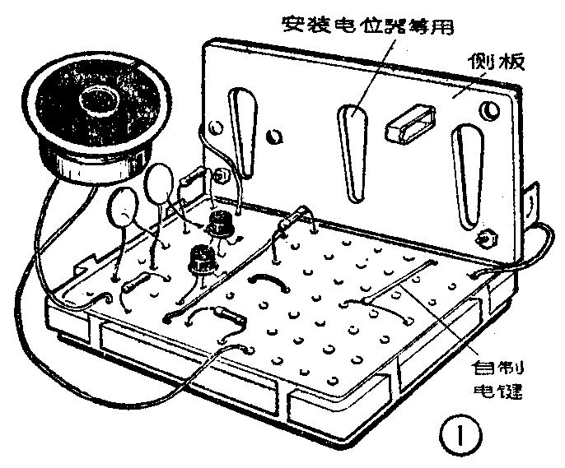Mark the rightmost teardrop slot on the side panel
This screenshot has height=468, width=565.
(x=468, y=176)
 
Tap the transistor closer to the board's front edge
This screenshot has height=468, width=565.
(x=198, y=259)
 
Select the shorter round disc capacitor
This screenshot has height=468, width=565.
(x=124, y=208)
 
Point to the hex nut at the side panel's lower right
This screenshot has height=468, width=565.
(x=487, y=239)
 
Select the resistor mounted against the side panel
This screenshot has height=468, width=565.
(x=194, y=175)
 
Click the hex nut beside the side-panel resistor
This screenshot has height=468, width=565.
(x=220, y=175)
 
